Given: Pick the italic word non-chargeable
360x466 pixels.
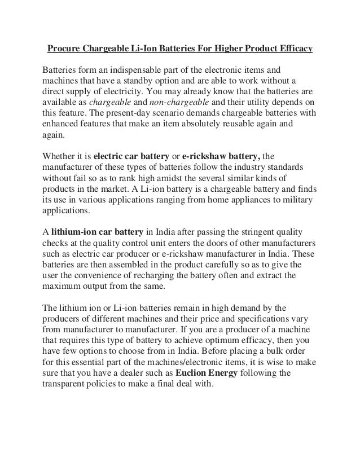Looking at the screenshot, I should coord(172,104).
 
